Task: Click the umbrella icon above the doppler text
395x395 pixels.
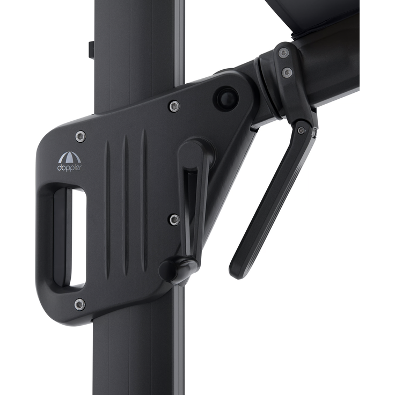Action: click(x=70, y=157)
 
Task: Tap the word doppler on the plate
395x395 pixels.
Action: click(x=70, y=168)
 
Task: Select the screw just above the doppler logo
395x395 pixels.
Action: click(x=81, y=136)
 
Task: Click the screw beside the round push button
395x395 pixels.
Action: click(x=174, y=106)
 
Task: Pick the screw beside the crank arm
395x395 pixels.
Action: click(x=174, y=220)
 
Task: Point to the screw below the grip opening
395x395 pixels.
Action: click(x=80, y=304)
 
